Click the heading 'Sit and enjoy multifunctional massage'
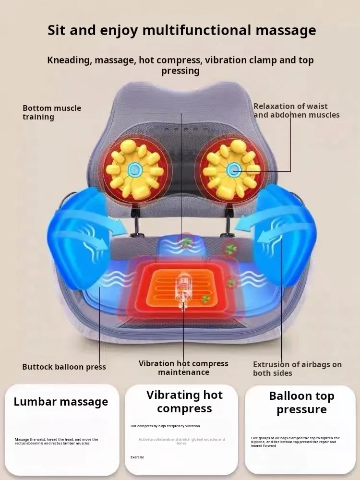coord(181,30)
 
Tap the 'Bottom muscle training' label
coord(52,112)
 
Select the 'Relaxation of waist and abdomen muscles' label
coord(296,110)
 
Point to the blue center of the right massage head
coord(234,169)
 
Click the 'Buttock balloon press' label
coord(64,367)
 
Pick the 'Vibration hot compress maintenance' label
coord(183,368)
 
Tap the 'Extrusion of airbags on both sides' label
coord(297,369)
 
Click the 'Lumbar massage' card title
coord(61,402)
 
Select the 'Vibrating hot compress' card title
coord(184,402)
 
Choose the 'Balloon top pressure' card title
coord(301,403)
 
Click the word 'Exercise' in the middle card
coord(137,457)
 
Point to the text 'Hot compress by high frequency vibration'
coord(165,426)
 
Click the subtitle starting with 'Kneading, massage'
coord(180,65)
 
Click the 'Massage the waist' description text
coord(56,441)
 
